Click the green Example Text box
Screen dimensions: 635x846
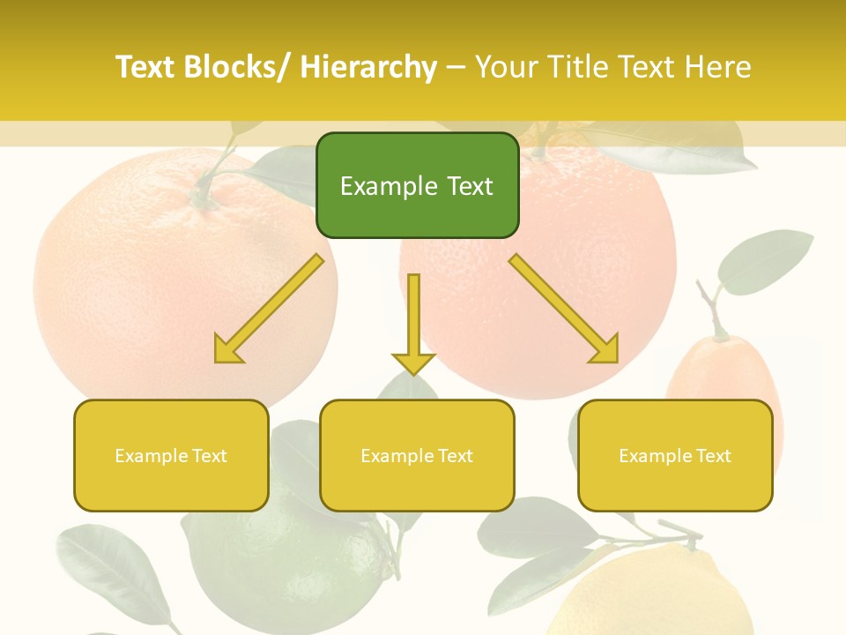(417, 185)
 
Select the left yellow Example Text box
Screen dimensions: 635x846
(171, 455)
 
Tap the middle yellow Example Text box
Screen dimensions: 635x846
(417, 455)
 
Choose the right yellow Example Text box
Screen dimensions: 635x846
(675, 455)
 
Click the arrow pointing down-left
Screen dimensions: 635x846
(270, 309)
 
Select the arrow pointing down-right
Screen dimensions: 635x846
(564, 309)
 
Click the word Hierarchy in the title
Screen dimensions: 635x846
(368, 67)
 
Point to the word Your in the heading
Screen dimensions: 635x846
(508, 67)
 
